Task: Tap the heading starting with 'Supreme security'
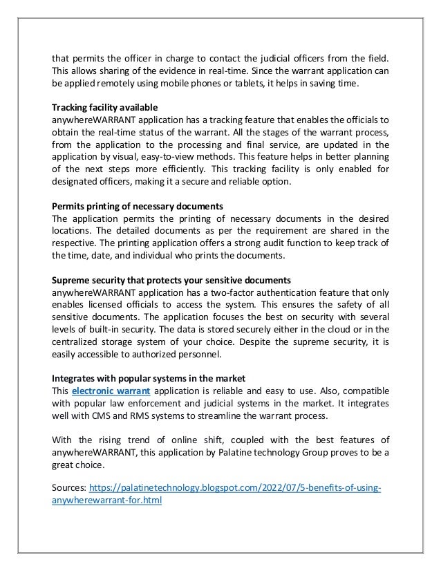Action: point(171,280)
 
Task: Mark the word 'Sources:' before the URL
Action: point(71,489)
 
